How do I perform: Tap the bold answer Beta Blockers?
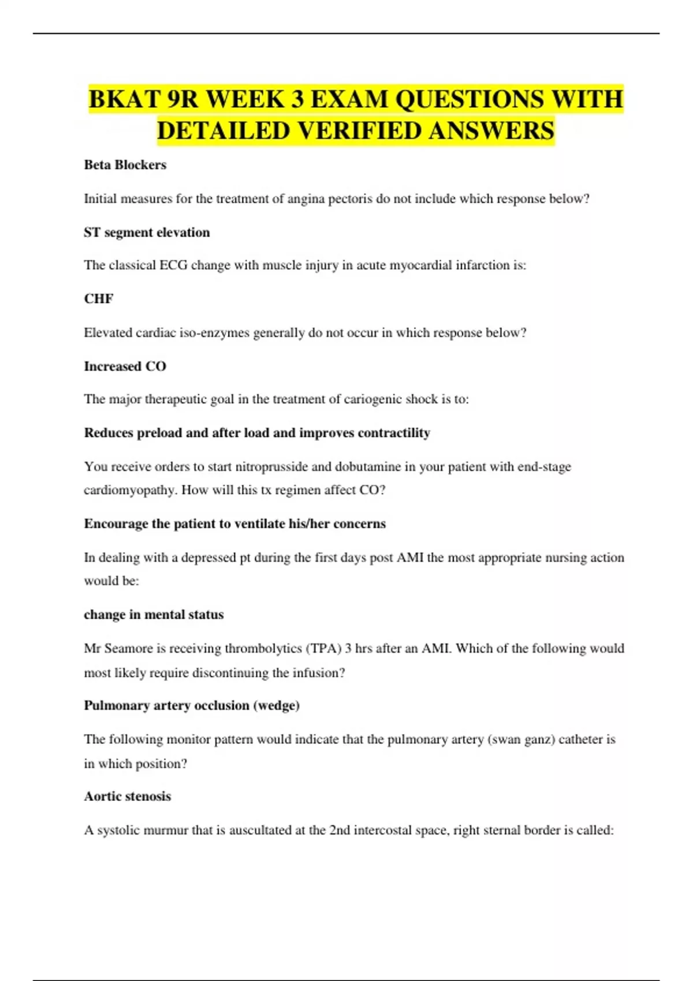125,165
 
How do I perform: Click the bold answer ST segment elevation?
147,233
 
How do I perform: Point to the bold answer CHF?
99,299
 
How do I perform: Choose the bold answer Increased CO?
125,366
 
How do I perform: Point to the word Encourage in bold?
116,524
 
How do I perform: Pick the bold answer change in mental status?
154,615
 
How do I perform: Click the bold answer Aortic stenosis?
128,796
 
